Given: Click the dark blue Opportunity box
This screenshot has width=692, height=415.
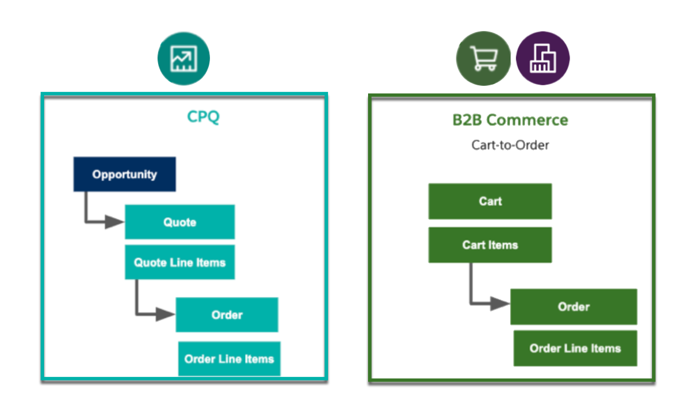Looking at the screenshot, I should pos(124,174).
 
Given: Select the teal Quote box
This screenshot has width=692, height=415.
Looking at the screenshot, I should pos(180,222).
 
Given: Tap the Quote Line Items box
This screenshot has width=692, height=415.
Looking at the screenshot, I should pos(180,262).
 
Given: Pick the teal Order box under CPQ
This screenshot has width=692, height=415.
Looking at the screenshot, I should pos(227,315).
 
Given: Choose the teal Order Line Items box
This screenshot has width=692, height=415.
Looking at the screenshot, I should pos(229,359).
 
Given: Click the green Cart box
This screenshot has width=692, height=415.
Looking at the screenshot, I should pos(490,202).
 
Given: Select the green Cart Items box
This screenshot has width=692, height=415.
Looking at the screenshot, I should pos(490,245).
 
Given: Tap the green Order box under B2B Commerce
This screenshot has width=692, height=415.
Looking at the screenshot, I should pos(573,307).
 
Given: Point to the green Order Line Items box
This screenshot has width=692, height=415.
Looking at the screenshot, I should pos(575,348).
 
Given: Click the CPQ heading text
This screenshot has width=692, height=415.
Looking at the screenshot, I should pos(203,117).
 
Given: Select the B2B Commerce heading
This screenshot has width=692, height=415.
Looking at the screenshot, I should pos(510,120).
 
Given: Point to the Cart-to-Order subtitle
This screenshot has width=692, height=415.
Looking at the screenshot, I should pos(510,145).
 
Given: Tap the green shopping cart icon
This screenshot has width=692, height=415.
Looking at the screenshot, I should pos(483,60).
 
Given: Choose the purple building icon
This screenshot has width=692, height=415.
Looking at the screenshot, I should pos(543,60).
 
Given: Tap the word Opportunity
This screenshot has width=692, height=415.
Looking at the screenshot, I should pos(124,174).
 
